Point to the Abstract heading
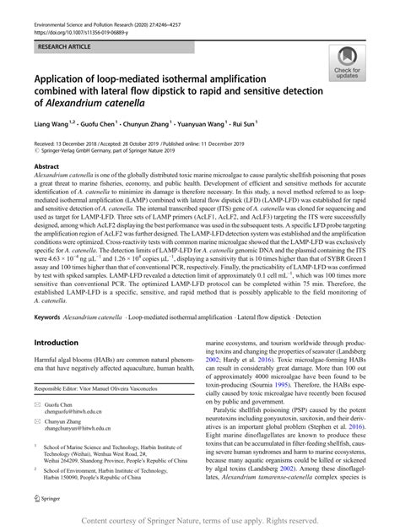point(47,167)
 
